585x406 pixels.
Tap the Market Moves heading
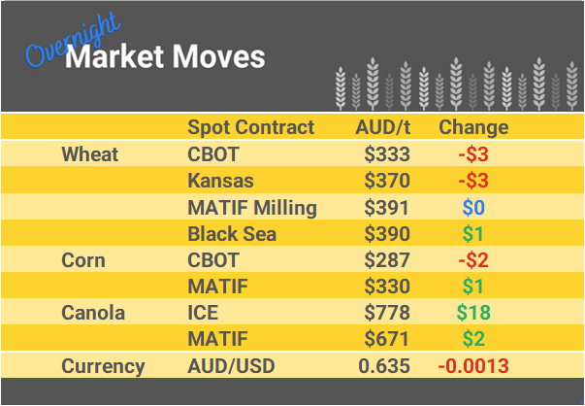point(165,57)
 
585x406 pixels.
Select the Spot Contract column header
point(250,127)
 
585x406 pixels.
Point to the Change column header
point(473,127)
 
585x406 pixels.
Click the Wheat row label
point(89,153)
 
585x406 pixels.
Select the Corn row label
point(83,260)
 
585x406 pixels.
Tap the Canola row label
point(91,313)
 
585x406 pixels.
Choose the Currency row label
point(103,366)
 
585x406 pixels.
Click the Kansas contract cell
point(220,181)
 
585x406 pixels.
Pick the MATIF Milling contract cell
point(252,207)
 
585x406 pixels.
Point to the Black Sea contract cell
point(232,233)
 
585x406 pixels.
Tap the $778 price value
point(387,313)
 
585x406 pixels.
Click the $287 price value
point(387,260)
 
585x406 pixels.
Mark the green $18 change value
point(473,313)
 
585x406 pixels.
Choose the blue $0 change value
point(473,207)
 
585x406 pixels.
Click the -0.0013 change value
point(473,366)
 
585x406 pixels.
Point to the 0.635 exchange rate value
point(384,366)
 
